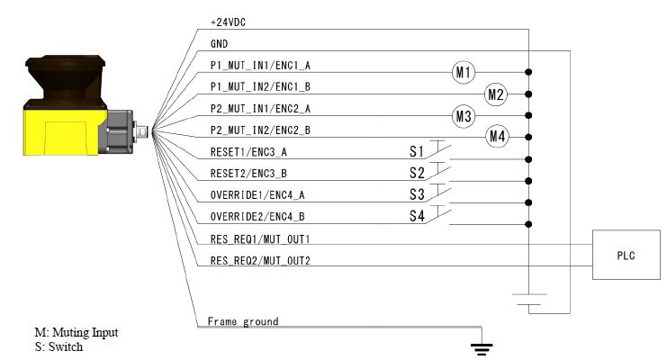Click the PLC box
[625, 255]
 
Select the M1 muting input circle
[464, 73]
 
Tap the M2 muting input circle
[496, 94]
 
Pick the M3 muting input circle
[464, 116]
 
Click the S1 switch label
[416, 151]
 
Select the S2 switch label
[416, 173]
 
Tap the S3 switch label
[416, 194]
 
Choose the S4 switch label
[416, 216]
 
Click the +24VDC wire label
[227, 22]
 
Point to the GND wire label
[218, 44]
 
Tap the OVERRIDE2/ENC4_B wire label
[256, 217]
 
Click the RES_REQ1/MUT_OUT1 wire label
[259, 238]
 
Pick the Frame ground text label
[243, 321]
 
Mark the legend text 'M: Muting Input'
[76, 333]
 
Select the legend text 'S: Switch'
[59, 346]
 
